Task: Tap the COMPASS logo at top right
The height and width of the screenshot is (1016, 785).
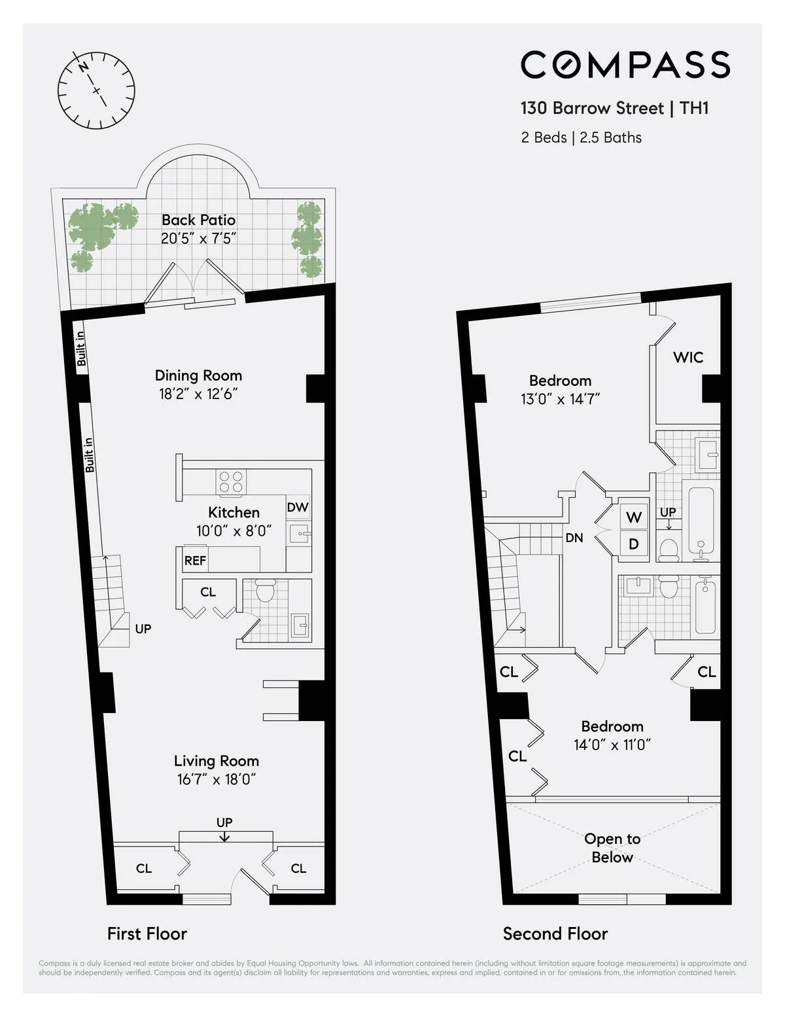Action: click(x=625, y=64)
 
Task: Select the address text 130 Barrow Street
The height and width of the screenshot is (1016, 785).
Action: click(x=592, y=108)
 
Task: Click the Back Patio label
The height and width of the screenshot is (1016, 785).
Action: click(x=198, y=220)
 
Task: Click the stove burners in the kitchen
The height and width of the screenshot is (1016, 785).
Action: click(x=231, y=482)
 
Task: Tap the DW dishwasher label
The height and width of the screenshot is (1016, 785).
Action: click(x=298, y=507)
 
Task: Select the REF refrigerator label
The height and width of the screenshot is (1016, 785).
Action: click(x=195, y=561)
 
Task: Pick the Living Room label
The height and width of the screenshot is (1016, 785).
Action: click(x=216, y=761)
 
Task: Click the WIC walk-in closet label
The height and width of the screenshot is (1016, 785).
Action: click(x=688, y=357)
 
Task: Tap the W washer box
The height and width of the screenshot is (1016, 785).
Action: click(x=633, y=517)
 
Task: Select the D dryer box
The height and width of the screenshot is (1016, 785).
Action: click(x=633, y=544)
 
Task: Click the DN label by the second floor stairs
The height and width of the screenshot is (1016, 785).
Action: click(x=574, y=538)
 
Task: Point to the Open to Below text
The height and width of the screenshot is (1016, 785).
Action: click(x=612, y=848)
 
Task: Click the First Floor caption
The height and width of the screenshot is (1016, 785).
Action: click(x=147, y=934)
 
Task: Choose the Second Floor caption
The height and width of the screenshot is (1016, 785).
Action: click(x=555, y=934)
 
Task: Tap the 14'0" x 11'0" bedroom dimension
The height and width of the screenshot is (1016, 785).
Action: click(x=612, y=744)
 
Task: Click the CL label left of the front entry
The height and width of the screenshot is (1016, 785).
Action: click(x=144, y=868)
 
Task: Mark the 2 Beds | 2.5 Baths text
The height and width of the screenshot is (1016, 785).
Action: click(x=581, y=137)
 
